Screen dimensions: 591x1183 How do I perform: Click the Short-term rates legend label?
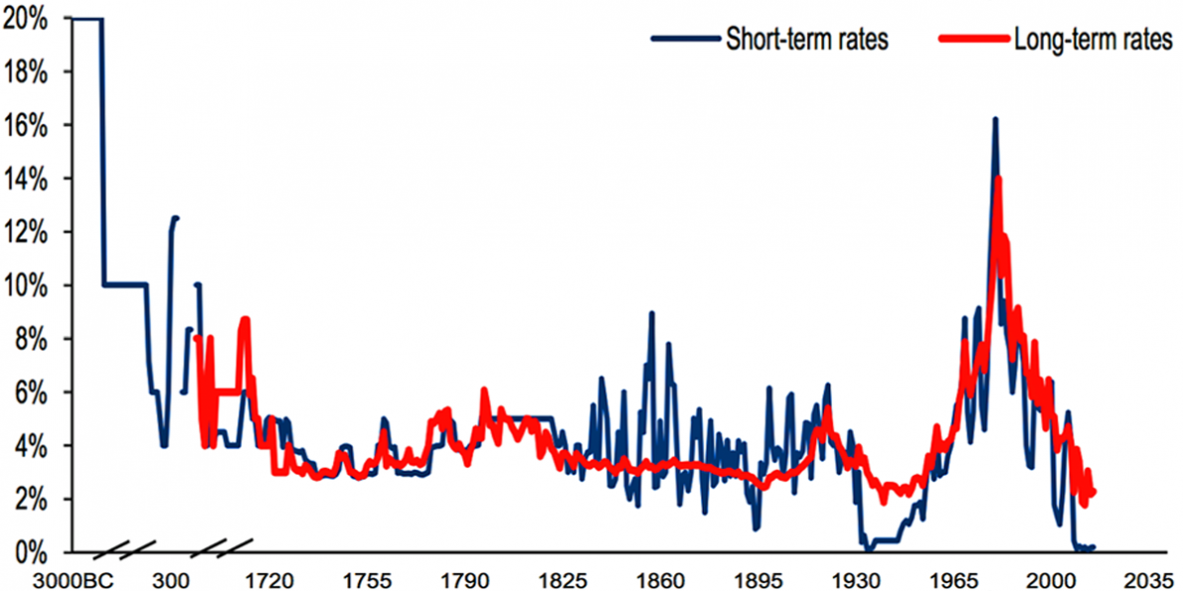tap(806, 40)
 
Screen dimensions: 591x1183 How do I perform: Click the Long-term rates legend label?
tap(1093, 40)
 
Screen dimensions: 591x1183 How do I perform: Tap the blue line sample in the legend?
tap(685, 40)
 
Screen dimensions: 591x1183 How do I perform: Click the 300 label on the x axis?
tap(170, 578)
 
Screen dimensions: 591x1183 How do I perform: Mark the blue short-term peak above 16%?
tap(994, 119)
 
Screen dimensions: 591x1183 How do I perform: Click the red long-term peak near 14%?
tap(997, 179)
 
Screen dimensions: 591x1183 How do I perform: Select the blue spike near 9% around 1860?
tap(651, 314)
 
